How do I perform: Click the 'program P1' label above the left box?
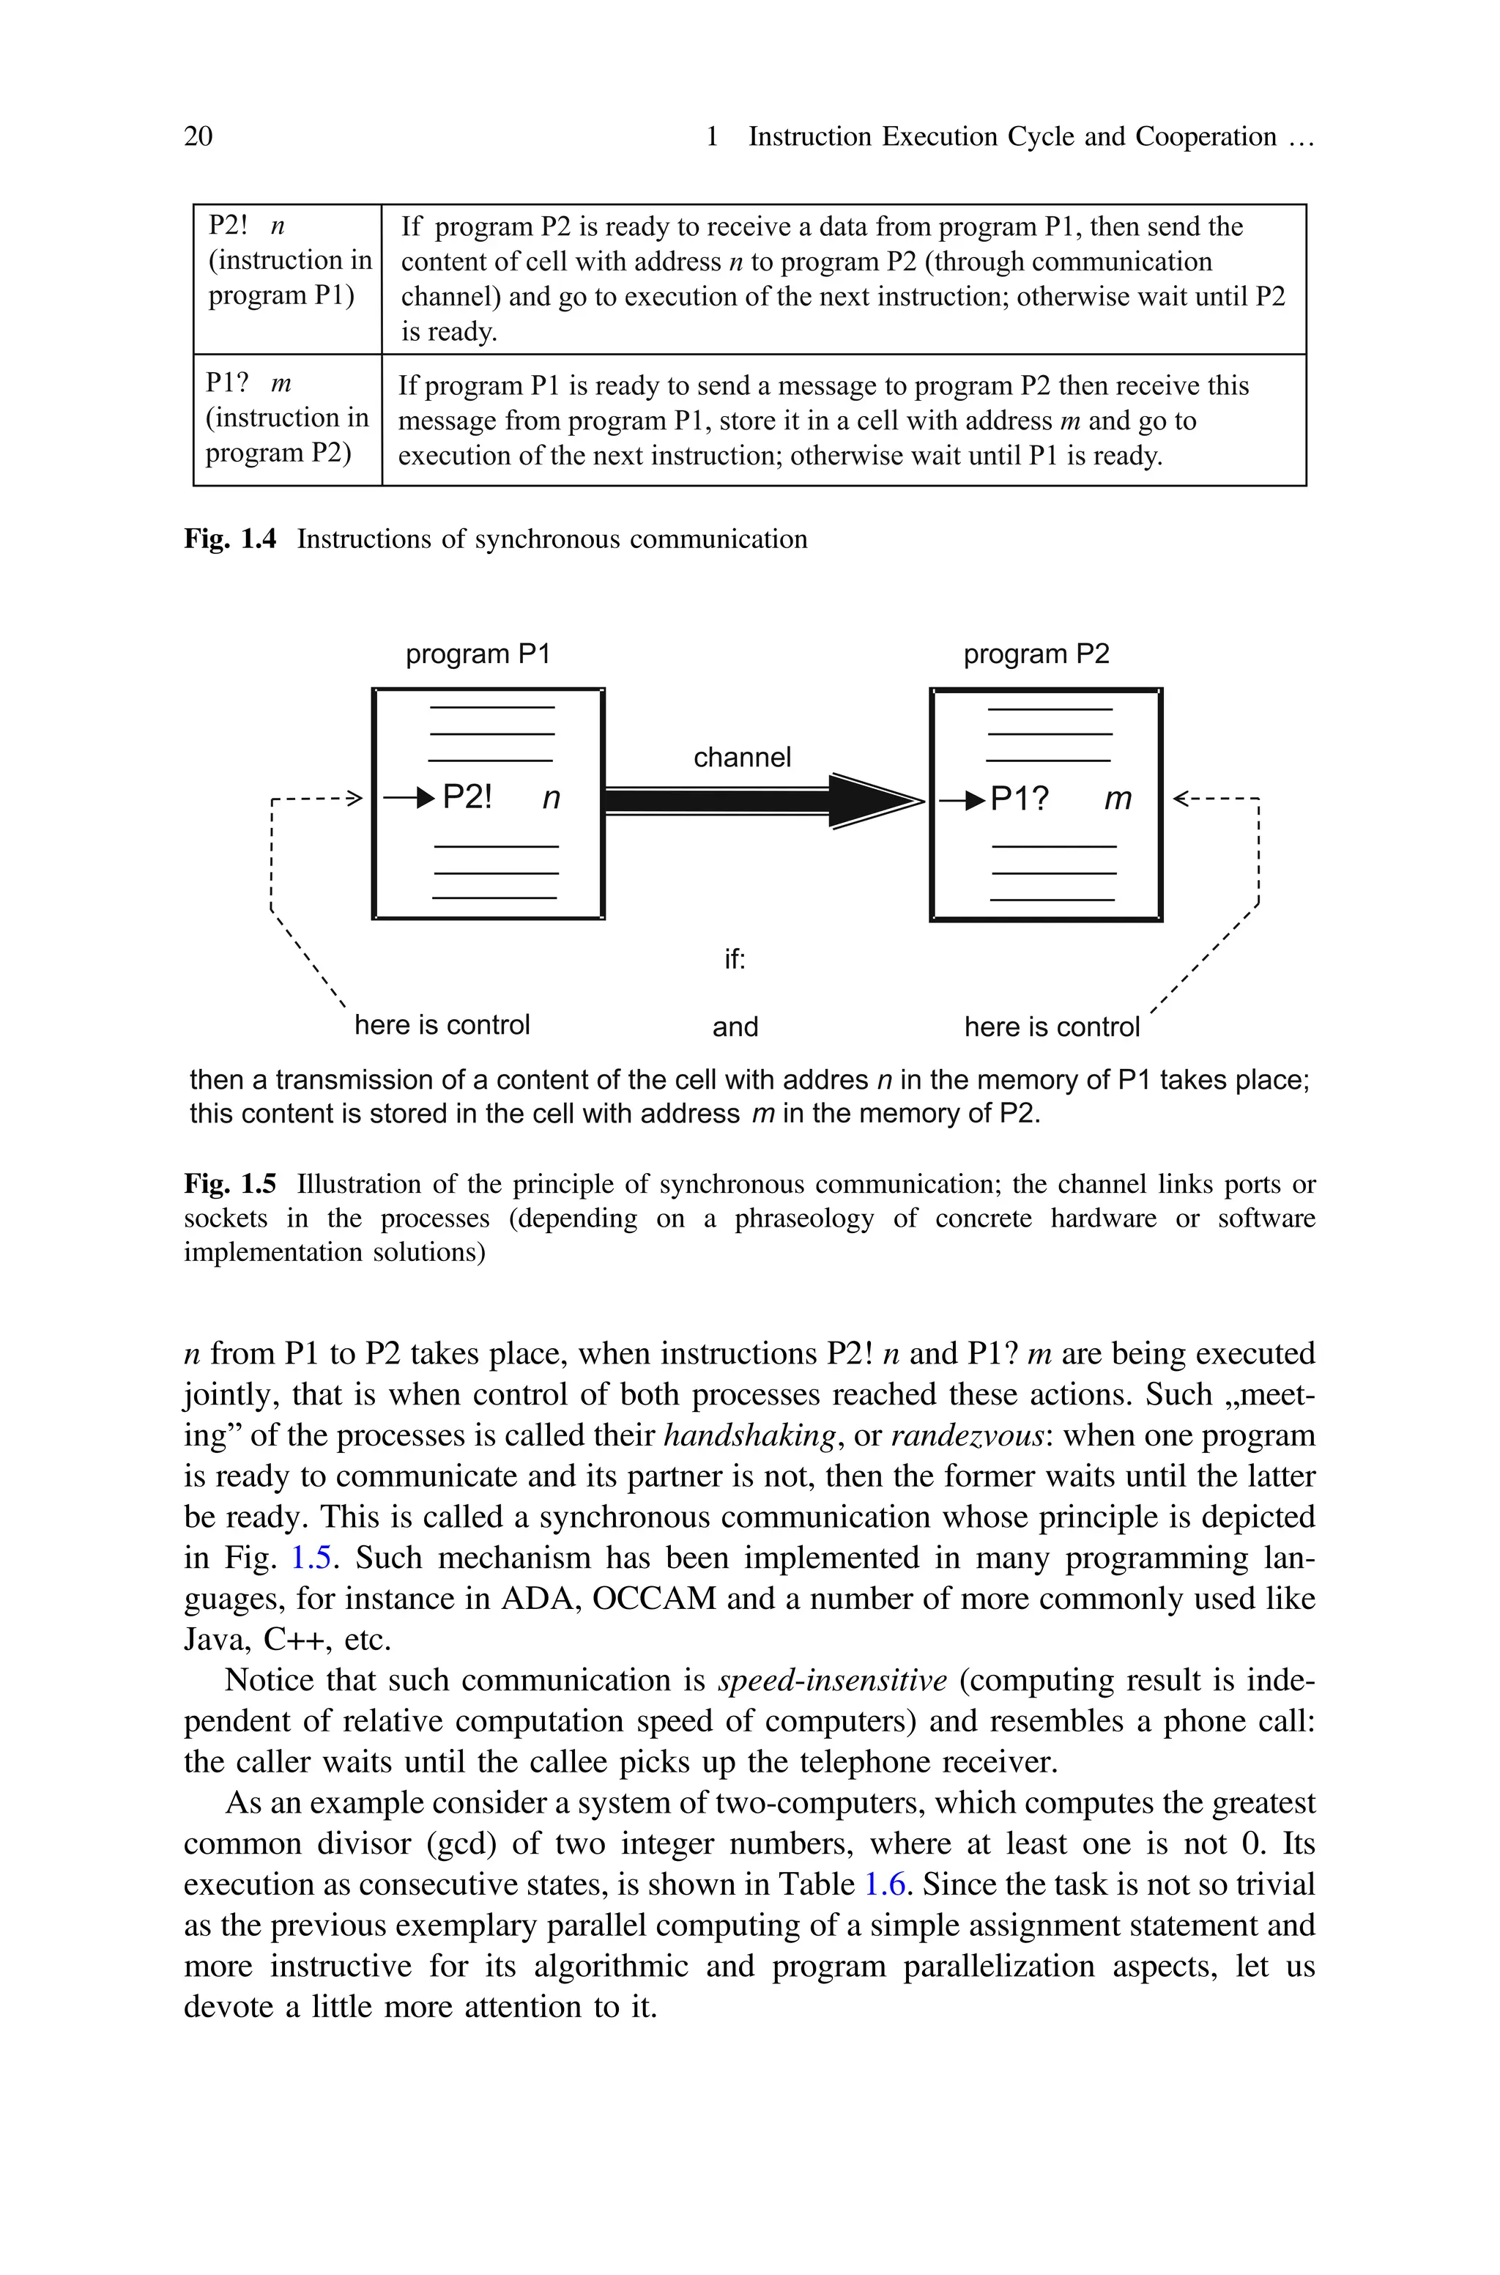tap(478, 654)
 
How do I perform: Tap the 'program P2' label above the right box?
tap(1036, 654)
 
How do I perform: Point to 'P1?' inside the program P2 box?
tap(1019, 798)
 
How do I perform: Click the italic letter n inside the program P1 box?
tap(551, 798)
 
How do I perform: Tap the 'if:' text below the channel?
tap(734, 958)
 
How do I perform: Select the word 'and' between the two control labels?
tap(735, 1026)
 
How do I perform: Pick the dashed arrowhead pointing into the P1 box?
tap(354, 798)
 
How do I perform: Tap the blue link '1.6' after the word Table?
tap(884, 1884)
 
